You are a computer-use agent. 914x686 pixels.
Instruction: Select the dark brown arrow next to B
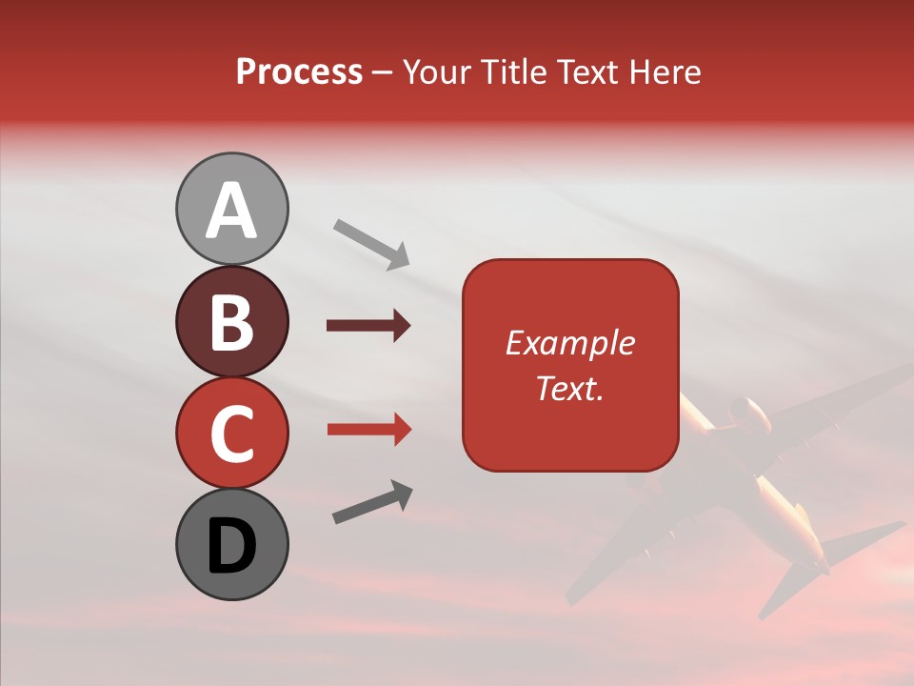368,326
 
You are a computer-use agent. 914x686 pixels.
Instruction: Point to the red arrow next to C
368,429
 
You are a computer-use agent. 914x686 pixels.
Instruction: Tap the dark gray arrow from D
372,502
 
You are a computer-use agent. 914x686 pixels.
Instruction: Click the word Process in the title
299,72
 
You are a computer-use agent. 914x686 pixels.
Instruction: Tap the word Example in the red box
570,343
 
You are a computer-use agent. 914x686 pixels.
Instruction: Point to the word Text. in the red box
570,388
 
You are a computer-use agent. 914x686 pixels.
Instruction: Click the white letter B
231,322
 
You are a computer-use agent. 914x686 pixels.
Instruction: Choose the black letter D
231,547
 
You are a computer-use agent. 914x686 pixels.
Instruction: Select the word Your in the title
439,72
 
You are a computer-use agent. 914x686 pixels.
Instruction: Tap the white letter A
231,210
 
